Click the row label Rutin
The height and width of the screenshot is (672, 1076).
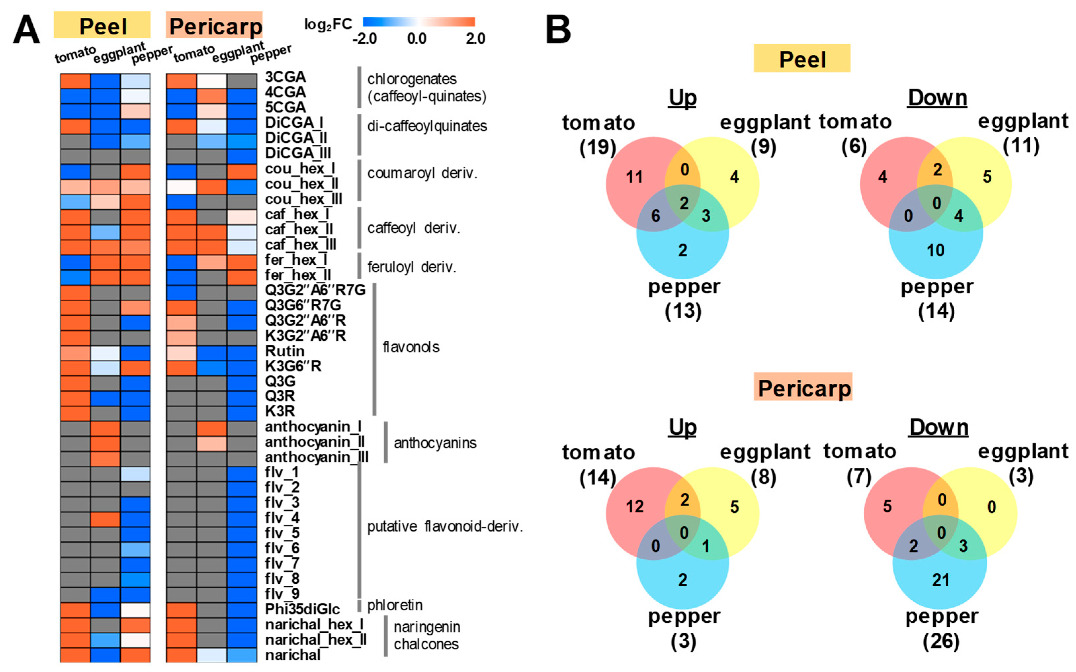coord(285,351)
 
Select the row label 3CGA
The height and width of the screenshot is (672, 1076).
coord(285,77)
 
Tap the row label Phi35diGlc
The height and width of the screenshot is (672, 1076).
coord(302,609)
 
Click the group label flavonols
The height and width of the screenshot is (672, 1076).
coord(411,347)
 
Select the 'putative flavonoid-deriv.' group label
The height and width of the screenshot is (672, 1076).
coord(445,527)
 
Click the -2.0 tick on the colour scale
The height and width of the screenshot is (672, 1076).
coord(365,39)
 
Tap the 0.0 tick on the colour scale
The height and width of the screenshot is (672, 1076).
coord(417,39)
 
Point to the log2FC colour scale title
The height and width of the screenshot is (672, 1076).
coord(328,24)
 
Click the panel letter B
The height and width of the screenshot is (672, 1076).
coord(558,29)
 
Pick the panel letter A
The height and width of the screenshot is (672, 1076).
coord(27,29)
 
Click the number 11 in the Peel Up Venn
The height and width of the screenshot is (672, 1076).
coord(635,177)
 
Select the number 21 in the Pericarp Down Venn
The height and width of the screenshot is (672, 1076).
coord(941,579)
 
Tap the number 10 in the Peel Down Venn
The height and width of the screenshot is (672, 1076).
coord(935,251)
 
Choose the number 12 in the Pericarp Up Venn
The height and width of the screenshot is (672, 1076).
coord(635,507)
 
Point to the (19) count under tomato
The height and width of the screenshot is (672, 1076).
coord(598,147)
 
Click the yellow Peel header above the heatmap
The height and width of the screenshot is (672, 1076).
coord(102,26)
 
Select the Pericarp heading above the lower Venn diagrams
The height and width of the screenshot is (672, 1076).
coord(803,387)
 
